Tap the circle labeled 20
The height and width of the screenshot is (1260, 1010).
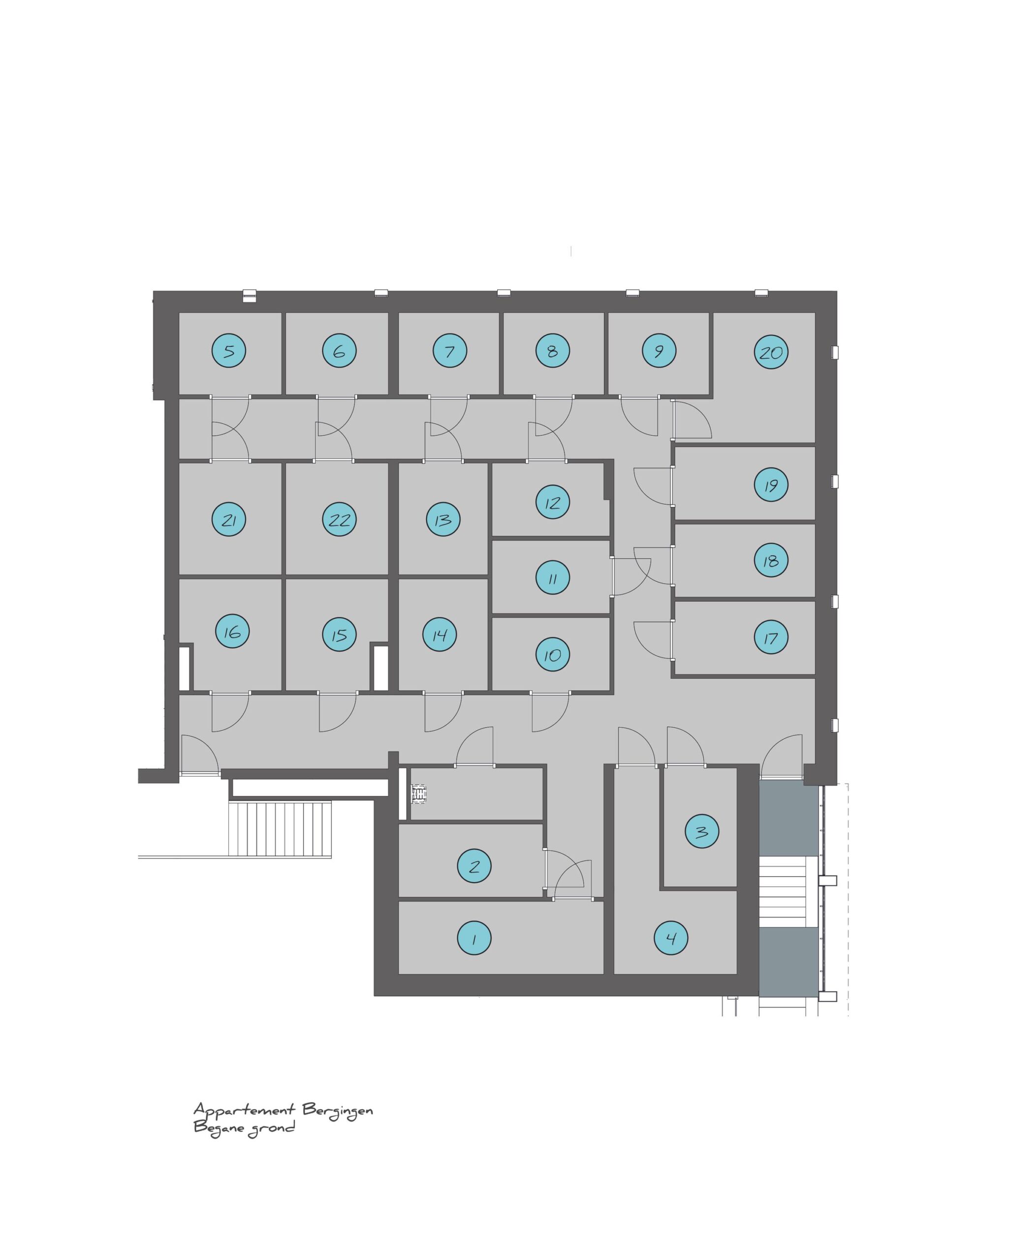[x=771, y=352]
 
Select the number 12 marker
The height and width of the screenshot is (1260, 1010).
[x=552, y=502]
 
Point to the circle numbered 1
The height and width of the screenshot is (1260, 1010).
[x=474, y=938]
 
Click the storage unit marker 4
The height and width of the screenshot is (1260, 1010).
[x=671, y=938]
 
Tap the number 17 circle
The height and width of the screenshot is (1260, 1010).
[x=771, y=637]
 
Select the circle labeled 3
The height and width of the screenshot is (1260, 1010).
[x=702, y=831]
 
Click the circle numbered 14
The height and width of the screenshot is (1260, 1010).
[x=440, y=634]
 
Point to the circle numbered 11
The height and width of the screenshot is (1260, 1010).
[x=552, y=577]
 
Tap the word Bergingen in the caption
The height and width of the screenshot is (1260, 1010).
[x=337, y=1110]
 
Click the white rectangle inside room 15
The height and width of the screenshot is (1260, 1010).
[x=380, y=668]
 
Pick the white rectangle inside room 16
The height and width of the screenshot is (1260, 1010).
[x=184, y=668]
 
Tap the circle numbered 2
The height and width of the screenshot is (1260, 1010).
[x=474, y=866]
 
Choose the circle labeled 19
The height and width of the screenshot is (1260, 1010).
[x=771, y=484]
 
